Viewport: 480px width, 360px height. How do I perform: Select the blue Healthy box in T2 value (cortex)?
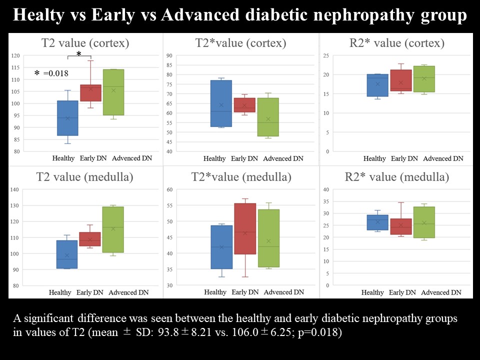[67, 118]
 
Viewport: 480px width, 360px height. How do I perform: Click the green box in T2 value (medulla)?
[112, 229]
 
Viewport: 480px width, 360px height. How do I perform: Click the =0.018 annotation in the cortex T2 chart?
[55, 73]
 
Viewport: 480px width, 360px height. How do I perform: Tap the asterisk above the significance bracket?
[78, 53]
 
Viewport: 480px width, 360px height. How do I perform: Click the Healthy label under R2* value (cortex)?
[374, 158]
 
